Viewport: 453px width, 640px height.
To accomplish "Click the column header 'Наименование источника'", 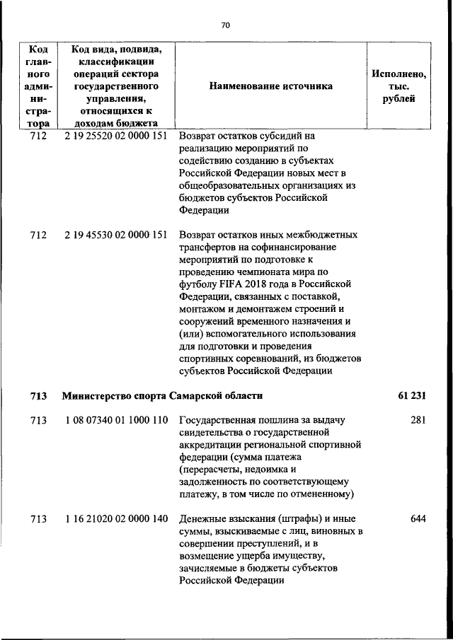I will [x=270, y=86].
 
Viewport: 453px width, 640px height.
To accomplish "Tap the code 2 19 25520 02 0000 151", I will [x=115, y=135].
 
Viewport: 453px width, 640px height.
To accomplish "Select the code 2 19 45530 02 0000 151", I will [x=115, y=235].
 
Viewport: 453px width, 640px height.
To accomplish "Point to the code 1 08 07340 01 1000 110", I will [x=115, y=420].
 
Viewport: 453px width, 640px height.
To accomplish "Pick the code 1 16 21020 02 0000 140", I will [x=115, y=519].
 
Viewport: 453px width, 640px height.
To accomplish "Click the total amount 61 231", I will [x=411, y=395].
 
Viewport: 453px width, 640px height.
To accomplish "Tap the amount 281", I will [x=418, y=420].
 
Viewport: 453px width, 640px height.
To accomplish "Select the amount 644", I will [x=418, y=519].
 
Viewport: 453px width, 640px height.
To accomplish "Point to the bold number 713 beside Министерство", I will [x=38, y=395].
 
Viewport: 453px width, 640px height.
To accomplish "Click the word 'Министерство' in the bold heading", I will [x=96, y=395].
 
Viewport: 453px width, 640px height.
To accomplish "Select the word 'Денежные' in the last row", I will [x=202, y=519].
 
